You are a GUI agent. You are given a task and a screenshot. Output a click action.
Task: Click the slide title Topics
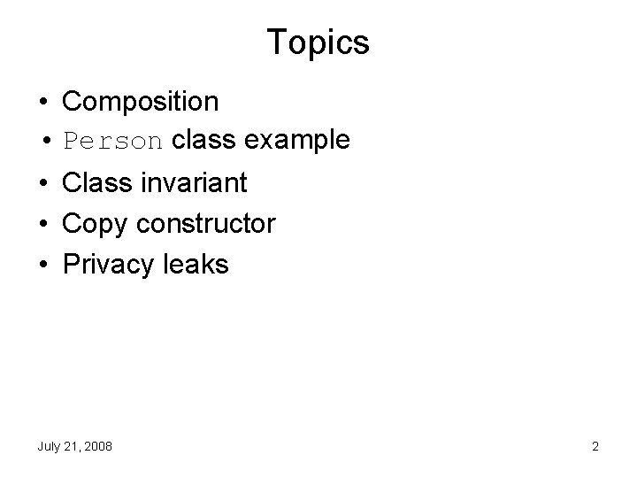coord(318,41)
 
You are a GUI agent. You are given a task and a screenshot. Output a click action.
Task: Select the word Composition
coord(141,102)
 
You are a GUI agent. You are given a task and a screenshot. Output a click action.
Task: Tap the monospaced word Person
coord(113,141)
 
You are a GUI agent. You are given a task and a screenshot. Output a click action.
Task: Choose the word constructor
coord(205,224)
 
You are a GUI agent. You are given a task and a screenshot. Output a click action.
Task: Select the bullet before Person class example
coord(42,141)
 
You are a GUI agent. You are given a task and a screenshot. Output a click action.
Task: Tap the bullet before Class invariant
coord(42,184)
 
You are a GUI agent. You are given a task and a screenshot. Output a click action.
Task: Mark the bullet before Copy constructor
coord(42,224)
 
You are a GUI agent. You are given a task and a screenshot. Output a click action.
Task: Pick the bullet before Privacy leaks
coord(42,264)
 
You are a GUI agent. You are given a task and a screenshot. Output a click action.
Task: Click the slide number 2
coord(595,447)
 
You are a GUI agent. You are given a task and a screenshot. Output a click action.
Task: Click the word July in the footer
coord(49,447)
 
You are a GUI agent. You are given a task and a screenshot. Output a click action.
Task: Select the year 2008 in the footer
coord(98,447)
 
